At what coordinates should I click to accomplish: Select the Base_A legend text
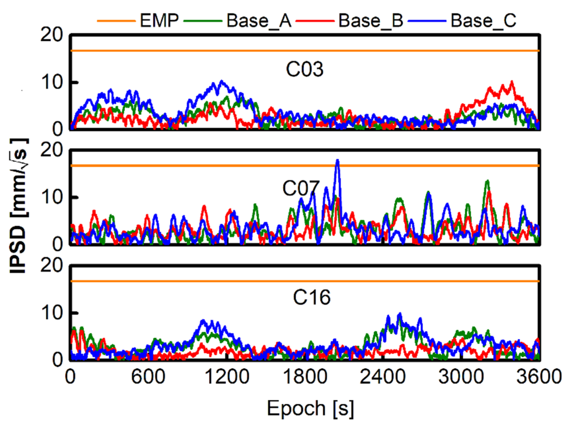259,20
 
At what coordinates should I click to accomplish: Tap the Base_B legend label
371,20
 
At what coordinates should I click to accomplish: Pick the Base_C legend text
483,20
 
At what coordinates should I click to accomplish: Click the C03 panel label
304,69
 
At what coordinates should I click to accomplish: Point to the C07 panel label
301,188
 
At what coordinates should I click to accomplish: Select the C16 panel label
311,297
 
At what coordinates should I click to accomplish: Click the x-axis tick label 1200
227,377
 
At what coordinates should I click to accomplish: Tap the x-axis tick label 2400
382,377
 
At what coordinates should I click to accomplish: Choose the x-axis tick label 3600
539,377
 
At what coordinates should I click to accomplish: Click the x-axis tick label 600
148,377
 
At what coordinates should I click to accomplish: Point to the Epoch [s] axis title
310,408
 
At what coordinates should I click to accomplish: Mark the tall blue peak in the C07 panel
337,161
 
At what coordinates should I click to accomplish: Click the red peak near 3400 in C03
512,83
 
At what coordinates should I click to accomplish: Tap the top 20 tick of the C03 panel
52,35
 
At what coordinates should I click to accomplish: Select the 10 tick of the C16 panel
52,313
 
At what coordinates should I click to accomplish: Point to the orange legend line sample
116,21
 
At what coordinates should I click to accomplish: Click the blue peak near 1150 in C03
221,82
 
